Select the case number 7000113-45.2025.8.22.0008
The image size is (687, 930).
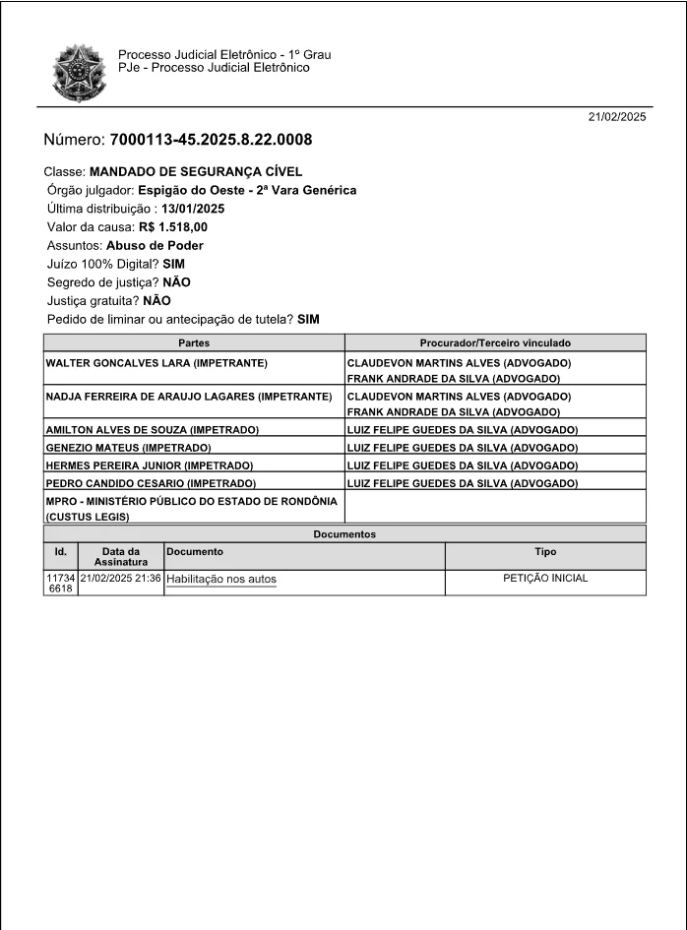click(x=211, y=140)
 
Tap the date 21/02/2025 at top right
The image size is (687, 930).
click(x=617, y=117)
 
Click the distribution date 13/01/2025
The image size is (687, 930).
click(x=193, y=209)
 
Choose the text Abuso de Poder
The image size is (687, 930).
click(x=155, y=245)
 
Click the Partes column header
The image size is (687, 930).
click(x=194, y=343)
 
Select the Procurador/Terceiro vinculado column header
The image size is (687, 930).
click(x=495, y=343)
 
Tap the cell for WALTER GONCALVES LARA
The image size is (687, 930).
click(x=157, y=363)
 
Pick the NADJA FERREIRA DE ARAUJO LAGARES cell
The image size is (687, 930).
click(x=189, y=397)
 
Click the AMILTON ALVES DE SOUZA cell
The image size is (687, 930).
click(x=153, y=430)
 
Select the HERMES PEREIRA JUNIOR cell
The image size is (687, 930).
click(x=150, y=465)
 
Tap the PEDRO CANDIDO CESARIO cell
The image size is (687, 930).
click(x=152, y=483)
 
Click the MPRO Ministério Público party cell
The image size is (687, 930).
click(x=192, y=508)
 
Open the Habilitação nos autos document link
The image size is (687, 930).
click(x=221, y=580)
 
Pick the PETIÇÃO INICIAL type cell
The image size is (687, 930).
click(x=544, y=579)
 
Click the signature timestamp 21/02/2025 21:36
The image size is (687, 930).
click(x=121, y=579)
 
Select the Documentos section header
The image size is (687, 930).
click(x=344, y=534)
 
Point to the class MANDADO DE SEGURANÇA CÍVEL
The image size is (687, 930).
click(x=195, y=171)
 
